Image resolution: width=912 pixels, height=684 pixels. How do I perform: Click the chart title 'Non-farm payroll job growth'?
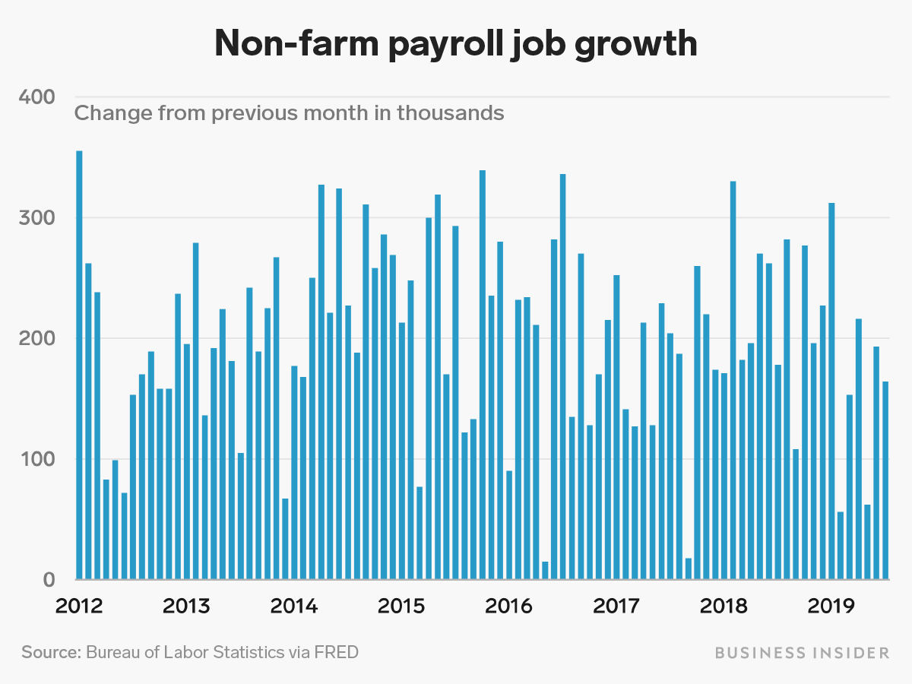pyautogui.click(x=455, y=43)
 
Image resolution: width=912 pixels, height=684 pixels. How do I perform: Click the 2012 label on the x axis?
pyautogui.click(x=79, y=606)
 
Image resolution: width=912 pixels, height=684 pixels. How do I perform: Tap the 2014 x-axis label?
pyautogui.click(x=294, y=606)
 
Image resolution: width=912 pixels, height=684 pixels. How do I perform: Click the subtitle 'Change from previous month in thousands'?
pyautogui.click(x=289, y=113)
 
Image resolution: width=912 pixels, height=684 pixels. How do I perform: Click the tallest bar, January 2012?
pyautogui.click(x=80, y=365)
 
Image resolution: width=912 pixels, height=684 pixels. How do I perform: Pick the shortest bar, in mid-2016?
pyautogui.click(x=545, y=571)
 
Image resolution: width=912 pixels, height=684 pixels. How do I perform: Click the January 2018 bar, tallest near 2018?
pyautogui.click(x=733, y=380)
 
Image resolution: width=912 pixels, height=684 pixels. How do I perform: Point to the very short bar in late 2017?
pyautogui.click(x=689, y=569)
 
